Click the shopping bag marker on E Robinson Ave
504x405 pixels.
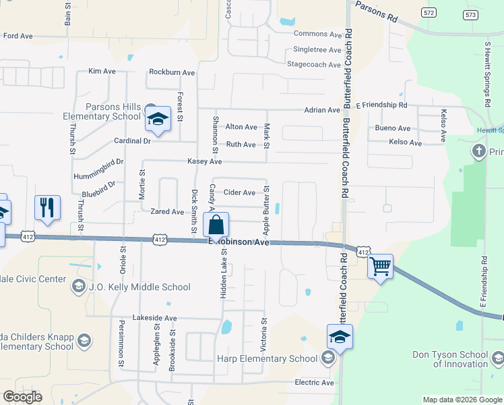click(216, 223)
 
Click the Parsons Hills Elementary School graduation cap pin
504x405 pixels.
click(158, 119)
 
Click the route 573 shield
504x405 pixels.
click(470, 14)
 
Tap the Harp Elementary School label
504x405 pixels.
click(267, 358)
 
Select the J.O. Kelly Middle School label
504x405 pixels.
click(139, 287)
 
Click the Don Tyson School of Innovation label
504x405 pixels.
click(451, 359)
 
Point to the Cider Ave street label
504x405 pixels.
click(239, 192)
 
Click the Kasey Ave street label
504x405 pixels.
click(205, 162)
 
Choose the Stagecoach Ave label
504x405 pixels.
click(314, 65)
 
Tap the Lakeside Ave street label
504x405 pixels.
click(155, 317)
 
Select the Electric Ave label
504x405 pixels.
click(315, 383)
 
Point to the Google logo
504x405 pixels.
click(23, 397)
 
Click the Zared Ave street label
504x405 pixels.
click(167, 212)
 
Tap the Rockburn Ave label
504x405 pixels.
click(172, 72)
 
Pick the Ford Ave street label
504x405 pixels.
click(18, 36)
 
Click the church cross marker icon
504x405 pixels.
click(479, 150)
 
